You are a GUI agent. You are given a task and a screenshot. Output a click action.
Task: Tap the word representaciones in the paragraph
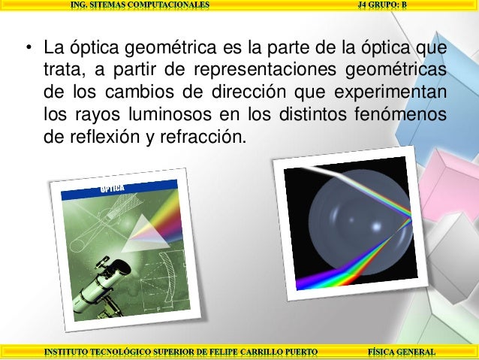point(265,71)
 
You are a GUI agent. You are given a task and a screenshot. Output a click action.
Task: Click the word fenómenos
point(399,116)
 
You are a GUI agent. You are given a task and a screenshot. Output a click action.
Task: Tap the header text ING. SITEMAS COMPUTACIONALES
point(140,5)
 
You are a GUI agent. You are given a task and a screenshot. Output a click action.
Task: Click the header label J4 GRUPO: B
point(382,5)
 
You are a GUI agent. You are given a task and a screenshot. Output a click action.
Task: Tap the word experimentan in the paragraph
point(398,94)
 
